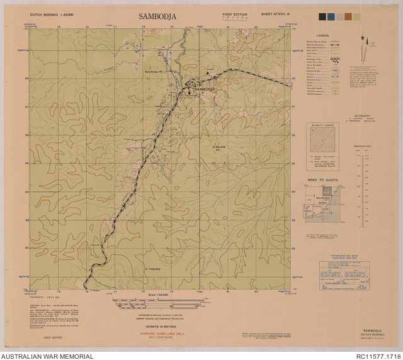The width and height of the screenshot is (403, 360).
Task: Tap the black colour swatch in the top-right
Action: [322, 17]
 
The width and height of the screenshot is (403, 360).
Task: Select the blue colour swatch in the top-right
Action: [331, 17]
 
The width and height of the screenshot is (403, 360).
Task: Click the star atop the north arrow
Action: [363, 38]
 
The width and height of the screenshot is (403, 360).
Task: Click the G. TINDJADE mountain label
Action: [154, 269]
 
